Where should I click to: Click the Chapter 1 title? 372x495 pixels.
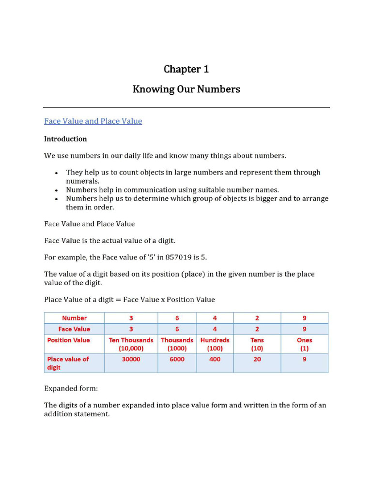pos(186,69)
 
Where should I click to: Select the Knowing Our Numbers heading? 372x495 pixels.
pos(186,89)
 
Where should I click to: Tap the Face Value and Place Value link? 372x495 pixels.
pos(93,121)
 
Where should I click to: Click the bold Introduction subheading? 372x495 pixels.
pos(65,139)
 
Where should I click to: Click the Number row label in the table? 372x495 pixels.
pos(74,318)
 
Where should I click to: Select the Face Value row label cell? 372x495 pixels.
pos(74,329)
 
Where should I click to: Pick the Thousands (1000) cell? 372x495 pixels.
pos(177,344)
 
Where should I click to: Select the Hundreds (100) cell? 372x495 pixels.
pos(215,344)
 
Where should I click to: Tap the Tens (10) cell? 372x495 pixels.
pos(257,344)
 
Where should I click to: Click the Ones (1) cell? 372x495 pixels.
pos(304,344)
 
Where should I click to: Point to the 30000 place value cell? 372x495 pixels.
pos(131,360)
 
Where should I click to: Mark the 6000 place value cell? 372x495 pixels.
pos(177,360)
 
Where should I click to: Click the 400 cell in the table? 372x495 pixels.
pos(215,360)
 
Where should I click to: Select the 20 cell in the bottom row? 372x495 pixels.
pos(257,360)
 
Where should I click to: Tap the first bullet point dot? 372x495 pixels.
pos(57,173)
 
